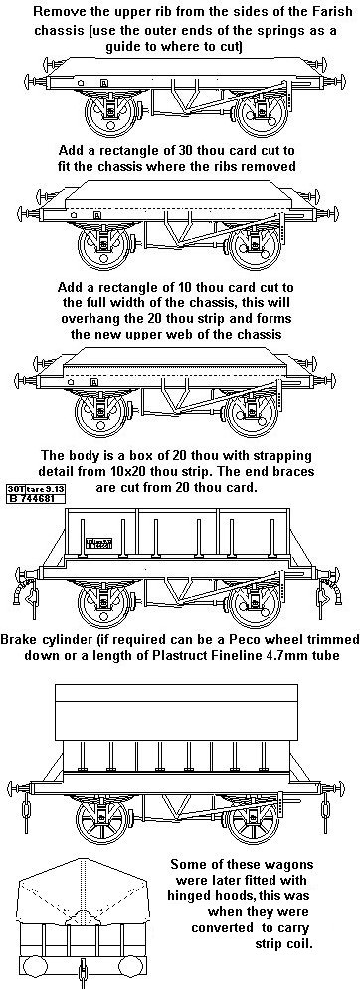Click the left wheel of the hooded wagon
point(101,818)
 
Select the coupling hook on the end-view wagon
point(81,970)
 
